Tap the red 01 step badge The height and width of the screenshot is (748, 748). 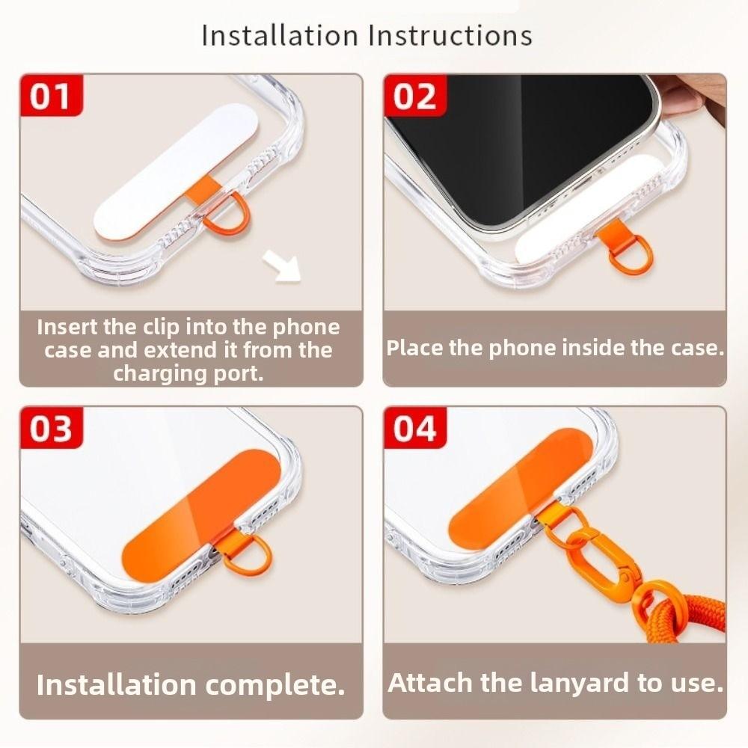[x=50, y=97]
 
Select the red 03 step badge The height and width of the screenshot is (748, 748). [x=50, y=430]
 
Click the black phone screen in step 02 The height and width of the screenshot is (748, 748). [x=516, y=142]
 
